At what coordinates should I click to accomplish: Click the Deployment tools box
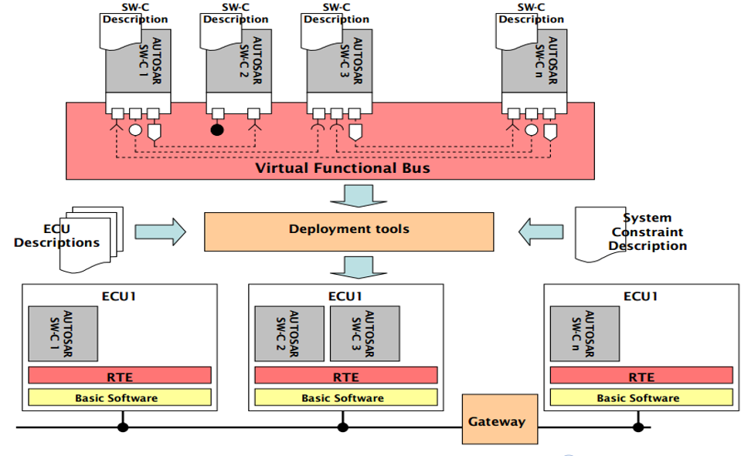click(x=348, y=229)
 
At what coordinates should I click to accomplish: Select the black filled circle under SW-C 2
click(x=218, y=130)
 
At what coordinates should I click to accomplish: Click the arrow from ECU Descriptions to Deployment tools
click(x=160, y=230)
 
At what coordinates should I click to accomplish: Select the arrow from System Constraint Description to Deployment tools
click(x=540, y=230)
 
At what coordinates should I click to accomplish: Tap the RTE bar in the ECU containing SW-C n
click(x=641, y=376)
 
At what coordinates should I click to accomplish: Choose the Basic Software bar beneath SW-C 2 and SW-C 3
click(x=345, y=398)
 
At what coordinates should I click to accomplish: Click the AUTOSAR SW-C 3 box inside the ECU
click(x=365, y=333)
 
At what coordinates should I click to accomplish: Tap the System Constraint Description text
click(x=648, y=231)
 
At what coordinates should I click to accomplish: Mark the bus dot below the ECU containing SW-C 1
click(x=123, y=427)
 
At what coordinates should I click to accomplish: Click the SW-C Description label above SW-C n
click(x=531, y=13)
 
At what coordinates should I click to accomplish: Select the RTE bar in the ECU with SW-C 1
click(x=120, y=376)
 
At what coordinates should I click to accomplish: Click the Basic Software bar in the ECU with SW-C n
click(x=641, y=398)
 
